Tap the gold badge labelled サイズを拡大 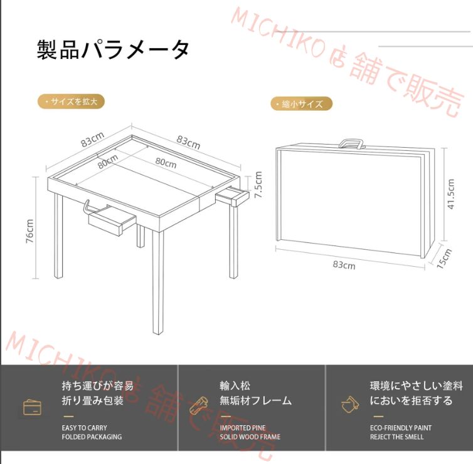(x=71, y=101)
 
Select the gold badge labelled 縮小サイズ (x=301, y=104)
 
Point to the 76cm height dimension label (x=30, y=232)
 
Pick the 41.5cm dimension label (x=450, y=194)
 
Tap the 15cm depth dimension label (x=445, y=257)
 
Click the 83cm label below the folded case (x=344, y=265)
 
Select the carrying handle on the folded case (x=352, y=143)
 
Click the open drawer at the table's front (x=112, y=221)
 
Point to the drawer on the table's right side (x=233, y=197)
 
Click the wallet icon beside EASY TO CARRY (x=32, y=407)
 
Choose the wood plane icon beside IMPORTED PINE (x=198, y=404)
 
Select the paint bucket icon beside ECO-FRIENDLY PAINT (x=348, y=404)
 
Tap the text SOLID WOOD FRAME (x=250, y=437)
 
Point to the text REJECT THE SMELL (x=396, y=437)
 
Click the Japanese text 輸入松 (x=235, y=386)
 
